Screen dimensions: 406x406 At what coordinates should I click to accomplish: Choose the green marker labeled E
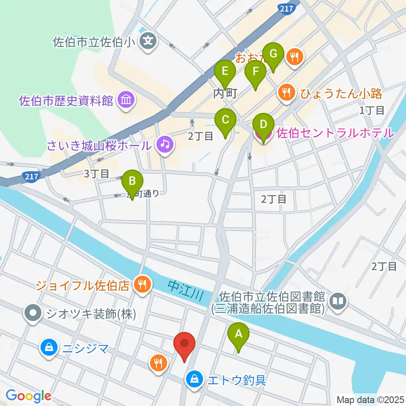pyautogui.click(x=225, y=73)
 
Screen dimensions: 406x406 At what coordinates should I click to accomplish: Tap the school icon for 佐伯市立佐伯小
pyautogui.click(x=148, y=41)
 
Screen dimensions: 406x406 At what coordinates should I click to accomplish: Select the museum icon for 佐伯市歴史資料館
pyautogui.click(x=126, y=100)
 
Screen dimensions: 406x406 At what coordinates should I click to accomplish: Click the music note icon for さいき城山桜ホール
pyautogui.click(x=164, y=145)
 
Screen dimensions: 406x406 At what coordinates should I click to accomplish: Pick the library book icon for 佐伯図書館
pyautogui.click(x=339, y=301)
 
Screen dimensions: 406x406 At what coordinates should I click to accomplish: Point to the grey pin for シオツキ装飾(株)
pyautogui.click(x=33, y=313)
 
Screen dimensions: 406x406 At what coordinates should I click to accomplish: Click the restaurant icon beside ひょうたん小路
pyautogui.click(x=287, y=93)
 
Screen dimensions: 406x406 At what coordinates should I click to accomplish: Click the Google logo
pyautogui.click(x=28, y=396)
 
